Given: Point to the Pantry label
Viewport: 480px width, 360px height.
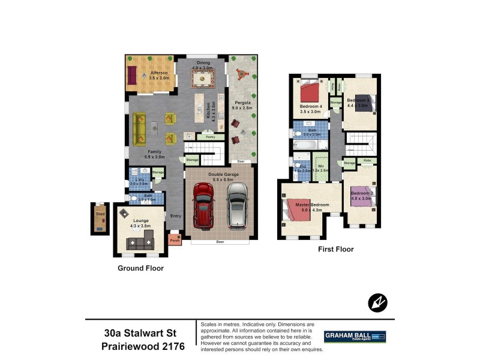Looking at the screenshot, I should [210, 137].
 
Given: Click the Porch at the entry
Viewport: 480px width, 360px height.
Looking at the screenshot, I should [175, 240].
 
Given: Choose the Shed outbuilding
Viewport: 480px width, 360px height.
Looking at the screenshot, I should [100, 220].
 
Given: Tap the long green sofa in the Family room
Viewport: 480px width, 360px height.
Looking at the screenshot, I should [139, 126].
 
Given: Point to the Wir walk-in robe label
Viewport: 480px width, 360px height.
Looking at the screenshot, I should [322, 168].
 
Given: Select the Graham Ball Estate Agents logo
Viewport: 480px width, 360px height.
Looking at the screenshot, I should [355, 337].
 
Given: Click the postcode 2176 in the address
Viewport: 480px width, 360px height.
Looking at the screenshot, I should [170, 347].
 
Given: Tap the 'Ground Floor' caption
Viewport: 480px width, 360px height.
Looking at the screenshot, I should [140, 268].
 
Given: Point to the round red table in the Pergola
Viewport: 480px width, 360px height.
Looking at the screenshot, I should [241, 74].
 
